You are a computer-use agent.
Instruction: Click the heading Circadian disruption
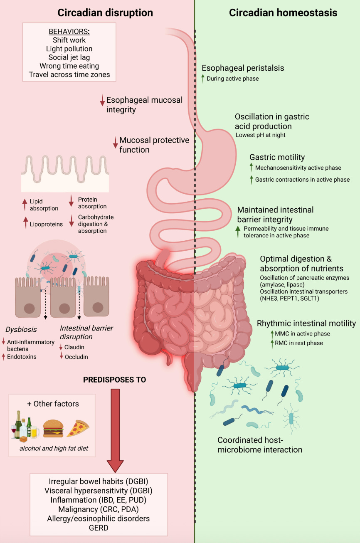pos(105,13)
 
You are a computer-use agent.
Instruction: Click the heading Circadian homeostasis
pos(283,13)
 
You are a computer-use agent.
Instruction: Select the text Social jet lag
pos(69,57)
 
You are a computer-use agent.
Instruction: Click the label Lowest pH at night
pos(261,135)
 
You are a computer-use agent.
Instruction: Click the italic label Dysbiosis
pos(21,329)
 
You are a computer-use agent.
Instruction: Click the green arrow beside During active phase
pos(203,79)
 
